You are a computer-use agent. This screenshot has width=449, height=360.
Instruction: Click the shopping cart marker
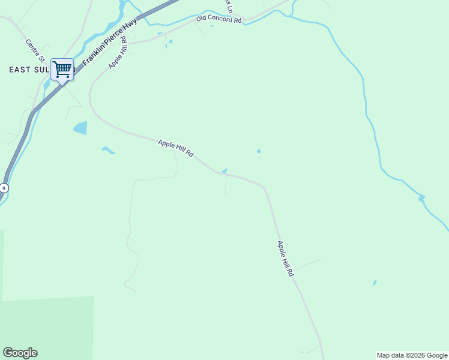click(62, 70)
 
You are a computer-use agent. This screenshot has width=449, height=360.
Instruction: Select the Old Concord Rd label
click(218, 19)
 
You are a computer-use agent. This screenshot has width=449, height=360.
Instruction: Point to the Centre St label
click(35, 50)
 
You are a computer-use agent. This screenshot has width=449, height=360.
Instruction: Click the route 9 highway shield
click(4, 188)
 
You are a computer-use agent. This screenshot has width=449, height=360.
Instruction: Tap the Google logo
click(20, 353)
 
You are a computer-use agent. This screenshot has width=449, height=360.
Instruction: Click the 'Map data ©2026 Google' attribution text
click(412, 355)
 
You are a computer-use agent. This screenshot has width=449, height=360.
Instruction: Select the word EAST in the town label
click(20, 70)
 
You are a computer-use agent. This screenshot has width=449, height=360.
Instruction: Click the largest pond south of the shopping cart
click(80, 128)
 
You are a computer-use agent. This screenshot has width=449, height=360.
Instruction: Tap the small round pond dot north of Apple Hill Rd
click(259, 151)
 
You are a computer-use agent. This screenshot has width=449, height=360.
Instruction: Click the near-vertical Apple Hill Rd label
click(285, 258)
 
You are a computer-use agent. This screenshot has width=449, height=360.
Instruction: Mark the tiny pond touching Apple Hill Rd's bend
click(224, 171)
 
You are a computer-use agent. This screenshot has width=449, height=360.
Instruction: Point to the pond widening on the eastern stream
click(421, 197)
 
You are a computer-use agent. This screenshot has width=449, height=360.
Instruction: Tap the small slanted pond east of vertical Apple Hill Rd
click(375, 283)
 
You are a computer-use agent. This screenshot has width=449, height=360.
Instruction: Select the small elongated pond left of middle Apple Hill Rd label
click(108, 149)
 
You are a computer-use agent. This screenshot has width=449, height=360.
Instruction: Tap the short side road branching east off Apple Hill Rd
click(307, 265)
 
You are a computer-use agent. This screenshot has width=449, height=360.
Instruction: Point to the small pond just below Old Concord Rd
click(170, 41)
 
